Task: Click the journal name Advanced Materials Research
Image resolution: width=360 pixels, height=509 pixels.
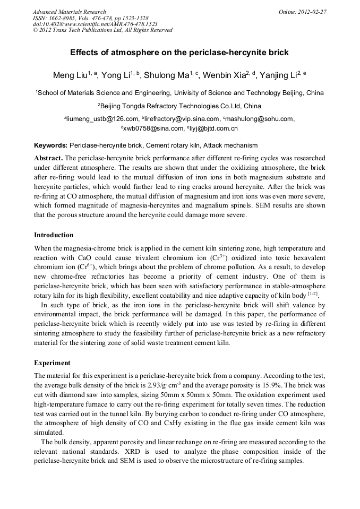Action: pos(69,12)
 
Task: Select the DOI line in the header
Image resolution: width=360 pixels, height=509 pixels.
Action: pos(95,24)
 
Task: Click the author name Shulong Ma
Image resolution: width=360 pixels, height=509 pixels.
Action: pos(169,75)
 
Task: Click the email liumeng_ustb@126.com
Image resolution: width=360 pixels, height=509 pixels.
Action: pos(102,119)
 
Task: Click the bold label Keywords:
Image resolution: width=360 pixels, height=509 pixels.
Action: pos(51,145)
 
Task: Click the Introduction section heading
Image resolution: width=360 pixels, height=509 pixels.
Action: pos(54,235)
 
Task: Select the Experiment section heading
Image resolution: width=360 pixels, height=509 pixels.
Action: pos(52,363)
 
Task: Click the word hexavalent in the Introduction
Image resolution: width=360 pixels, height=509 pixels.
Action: pos(306,257)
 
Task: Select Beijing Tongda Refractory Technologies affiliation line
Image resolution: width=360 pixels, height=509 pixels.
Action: pos(181,106)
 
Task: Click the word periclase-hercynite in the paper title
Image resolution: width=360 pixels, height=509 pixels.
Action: pos(222,53)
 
